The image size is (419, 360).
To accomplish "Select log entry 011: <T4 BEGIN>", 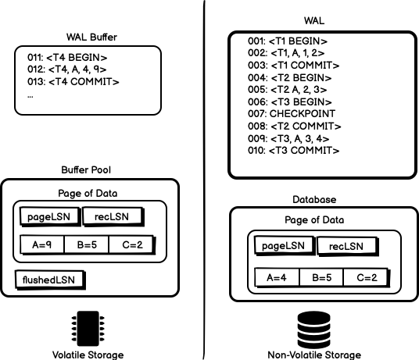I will [66, 57].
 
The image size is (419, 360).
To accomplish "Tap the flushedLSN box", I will [50, 279].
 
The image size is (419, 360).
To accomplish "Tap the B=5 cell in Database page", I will [322, 277].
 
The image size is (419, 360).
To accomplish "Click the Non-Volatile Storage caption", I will [313, 355].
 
